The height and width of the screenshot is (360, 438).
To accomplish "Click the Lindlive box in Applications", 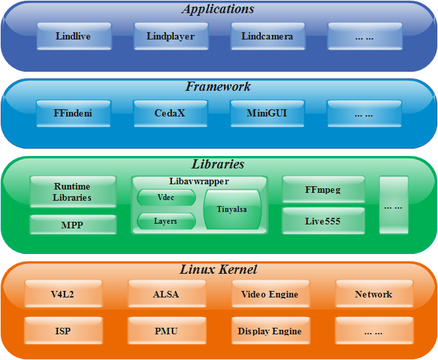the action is [x=74, y=36].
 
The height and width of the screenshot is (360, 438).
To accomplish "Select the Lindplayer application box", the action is [x=171, y=36].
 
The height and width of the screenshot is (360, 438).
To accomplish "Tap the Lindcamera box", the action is [x=267, y=36].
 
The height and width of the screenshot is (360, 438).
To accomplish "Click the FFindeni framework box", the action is [x=74, y=113].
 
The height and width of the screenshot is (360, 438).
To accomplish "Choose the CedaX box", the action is [x=171, y=113].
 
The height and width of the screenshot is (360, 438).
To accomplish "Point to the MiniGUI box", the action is [x=267, y=113].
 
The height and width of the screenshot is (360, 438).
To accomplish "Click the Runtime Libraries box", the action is [x=73, y=192].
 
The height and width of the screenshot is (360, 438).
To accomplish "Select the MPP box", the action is [x=73, y=224].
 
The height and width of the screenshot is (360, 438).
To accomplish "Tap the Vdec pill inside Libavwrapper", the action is [x=166, y=197].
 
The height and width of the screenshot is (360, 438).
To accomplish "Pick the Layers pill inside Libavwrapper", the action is [x=166, y=221].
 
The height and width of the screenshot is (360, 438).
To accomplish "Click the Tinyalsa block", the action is [x=233, y=209].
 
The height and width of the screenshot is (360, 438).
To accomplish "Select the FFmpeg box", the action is [x=323, y=190].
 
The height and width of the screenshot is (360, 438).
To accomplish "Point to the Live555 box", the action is [x=323, y=221].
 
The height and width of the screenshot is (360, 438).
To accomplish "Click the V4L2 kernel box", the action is [x=63, y=294].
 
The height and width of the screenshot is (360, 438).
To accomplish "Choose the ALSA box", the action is [x=167, y=294].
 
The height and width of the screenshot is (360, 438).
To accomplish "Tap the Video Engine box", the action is [x=271, y=294].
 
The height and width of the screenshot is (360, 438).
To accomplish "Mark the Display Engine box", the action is [x=271, y=330].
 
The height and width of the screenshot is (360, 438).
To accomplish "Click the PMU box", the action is [x=167, y=330].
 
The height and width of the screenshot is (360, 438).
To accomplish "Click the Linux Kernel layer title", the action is [x=218, y=270].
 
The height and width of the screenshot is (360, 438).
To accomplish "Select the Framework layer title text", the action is [x=218, y=86].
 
